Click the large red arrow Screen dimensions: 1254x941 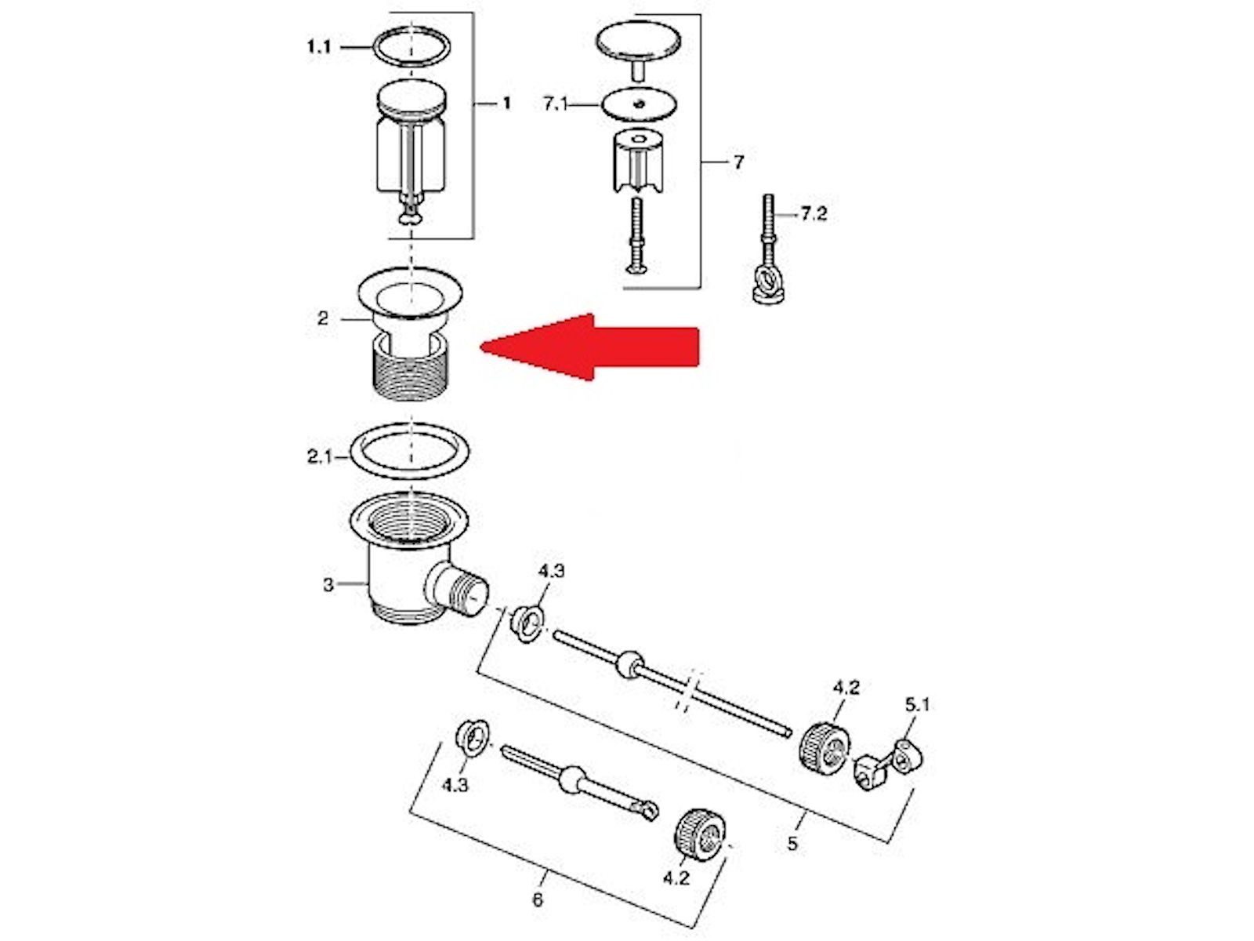coord(589,347)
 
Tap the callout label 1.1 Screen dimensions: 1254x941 coord(319,46)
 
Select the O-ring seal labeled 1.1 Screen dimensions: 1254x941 coord(412,46)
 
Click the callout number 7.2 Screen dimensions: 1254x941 coord(814,214)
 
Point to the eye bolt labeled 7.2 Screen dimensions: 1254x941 coord(767,252)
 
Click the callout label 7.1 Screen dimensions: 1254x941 coord(555,104)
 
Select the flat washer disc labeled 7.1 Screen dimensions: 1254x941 coord(640,104)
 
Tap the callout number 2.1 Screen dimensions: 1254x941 coord(320,457)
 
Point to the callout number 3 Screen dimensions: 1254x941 coord(328,584)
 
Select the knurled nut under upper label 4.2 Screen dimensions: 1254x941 coord(824,747)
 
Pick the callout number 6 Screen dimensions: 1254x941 coord(538,899)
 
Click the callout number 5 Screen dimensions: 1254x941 coord(792,843)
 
